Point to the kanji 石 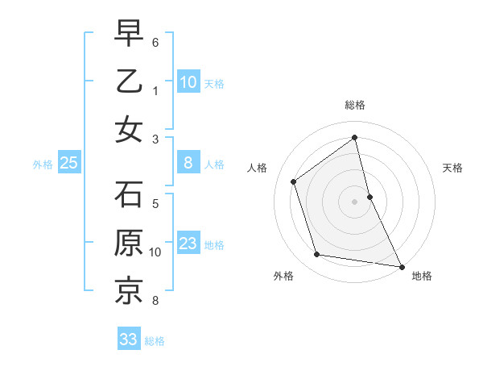coord(129,194)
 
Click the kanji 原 coord(129,243)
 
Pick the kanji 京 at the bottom coord(129,291)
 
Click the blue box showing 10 coord(188,81)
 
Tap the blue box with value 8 coord(188,163)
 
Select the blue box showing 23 coord(188,244)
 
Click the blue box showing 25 coord(68,163)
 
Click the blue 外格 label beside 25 coord(43,165)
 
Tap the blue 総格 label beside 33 coord(155,341)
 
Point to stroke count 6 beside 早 coord(155,41)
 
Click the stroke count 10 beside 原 coord(155,252)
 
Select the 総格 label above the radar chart coord(355,105)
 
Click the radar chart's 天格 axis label coord(453,168)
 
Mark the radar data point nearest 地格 coord(401,265)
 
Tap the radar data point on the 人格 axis coord(294,181)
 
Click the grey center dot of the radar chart coord(355,201)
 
